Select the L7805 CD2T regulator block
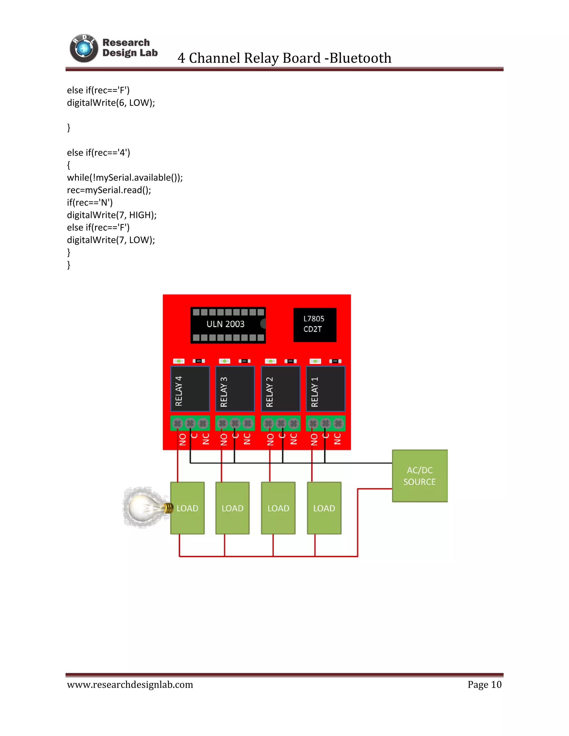point(315,324)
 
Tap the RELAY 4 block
point(190,389)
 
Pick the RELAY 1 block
point(325,389)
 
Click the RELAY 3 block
point(235,389)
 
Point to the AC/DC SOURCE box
point(420,476)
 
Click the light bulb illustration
point(146,507)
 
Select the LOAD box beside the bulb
point(188,508)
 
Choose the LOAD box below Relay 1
point(324,508)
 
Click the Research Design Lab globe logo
point(84,49)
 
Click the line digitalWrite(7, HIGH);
point(112,215)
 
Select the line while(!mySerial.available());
point(125,177)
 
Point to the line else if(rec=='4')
point(98,153)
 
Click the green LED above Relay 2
point(271,361)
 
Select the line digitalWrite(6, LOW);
point(111,103)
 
